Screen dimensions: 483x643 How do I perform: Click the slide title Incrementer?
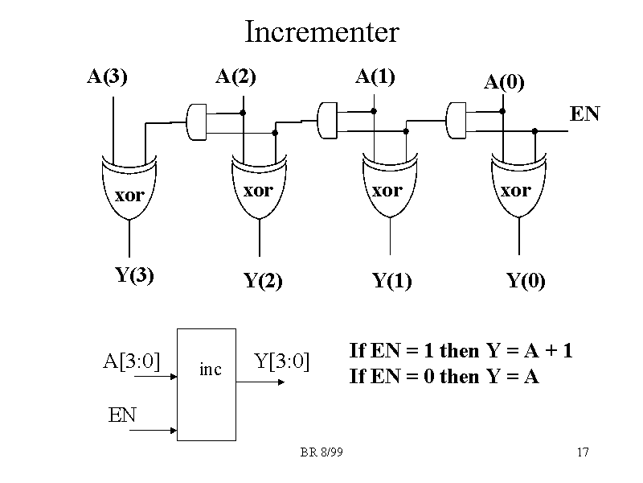[x=321, y=33]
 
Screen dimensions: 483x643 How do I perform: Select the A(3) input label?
[x=108, y=77]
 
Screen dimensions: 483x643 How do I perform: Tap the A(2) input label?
[x=236, y=77]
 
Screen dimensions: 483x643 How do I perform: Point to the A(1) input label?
[x=375, y=77]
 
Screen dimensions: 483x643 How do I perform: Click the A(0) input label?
[x=504, y=82]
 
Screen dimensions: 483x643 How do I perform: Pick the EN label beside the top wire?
[x=585, y=114]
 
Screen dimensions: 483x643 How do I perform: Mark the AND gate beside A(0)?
[x=458, y=121]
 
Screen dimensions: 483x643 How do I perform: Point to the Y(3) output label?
[x=135, y=275]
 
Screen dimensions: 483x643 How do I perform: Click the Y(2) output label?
[x=263, y=282]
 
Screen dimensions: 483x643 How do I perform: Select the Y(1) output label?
[x=392, y=282]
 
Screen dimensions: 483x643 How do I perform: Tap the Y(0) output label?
[x=526, y=282]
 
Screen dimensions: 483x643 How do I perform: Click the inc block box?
[x=207, y=384]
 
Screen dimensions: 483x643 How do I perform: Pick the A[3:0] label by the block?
[x=132, y=360]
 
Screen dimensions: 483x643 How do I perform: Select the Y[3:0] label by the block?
[x=282, y=360]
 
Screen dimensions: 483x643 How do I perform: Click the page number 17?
[x=584, y=452]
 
